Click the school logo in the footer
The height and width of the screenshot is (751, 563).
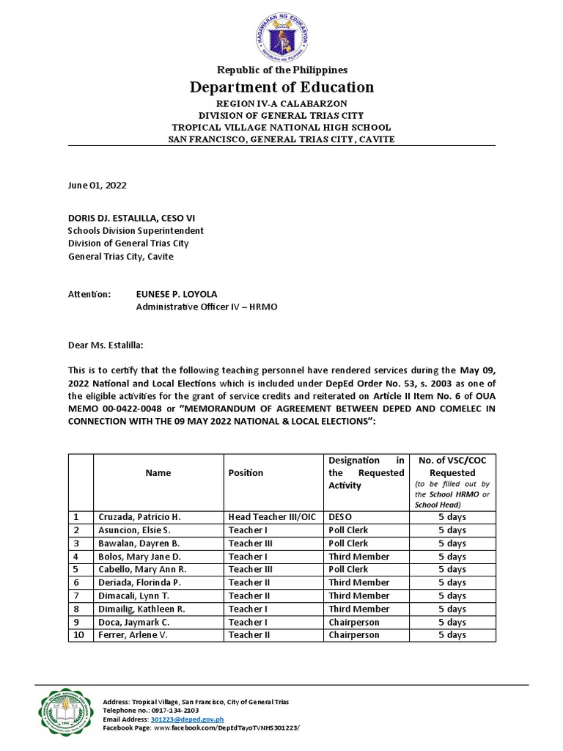tap(65, 711)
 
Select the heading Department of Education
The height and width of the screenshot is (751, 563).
tap(282, 87)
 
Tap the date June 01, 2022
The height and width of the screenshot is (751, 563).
tap(97, 186)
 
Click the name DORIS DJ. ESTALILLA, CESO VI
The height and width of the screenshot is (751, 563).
tap(132, 218)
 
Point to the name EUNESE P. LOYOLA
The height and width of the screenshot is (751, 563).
tap(176, 293)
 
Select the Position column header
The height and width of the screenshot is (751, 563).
tap(246, 473)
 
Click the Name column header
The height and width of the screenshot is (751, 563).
tap(158, 473)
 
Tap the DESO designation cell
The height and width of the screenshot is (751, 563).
tap(341, 517)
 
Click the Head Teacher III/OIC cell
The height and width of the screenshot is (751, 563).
tap(272, 517)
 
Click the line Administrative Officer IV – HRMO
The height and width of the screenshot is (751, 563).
tap(207, 307)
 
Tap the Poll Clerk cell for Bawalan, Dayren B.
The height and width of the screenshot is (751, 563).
tap(348, 543)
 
